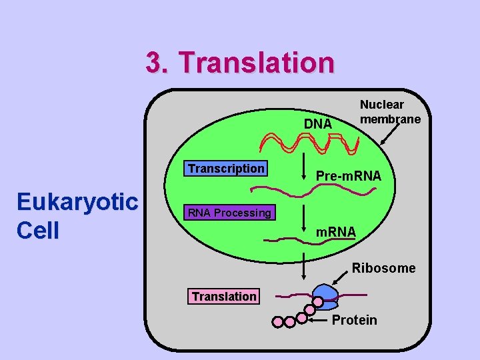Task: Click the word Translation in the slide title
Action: [x=256, y=63]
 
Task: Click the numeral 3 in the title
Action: [x=155, y=63]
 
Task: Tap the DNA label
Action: [x=318, y=123]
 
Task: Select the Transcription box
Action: [x=226, y=169]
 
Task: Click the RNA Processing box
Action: [x=229, y=213]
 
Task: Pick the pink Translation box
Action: [x=224, y=296]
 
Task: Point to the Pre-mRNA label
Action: [x=348, y=176]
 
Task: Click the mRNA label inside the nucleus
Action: [x=336, y=232]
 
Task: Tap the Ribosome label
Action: [x=383, y=268]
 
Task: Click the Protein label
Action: [x=354, y=320]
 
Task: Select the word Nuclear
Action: [x=381, y=105]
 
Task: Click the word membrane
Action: [x=390, y=119]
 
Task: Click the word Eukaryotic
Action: [x=77, y=201]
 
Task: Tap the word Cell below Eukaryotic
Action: [x=38, y=231]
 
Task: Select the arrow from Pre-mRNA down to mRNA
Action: [x=303, y=221]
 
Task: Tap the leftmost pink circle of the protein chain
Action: [x=278, y=322]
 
